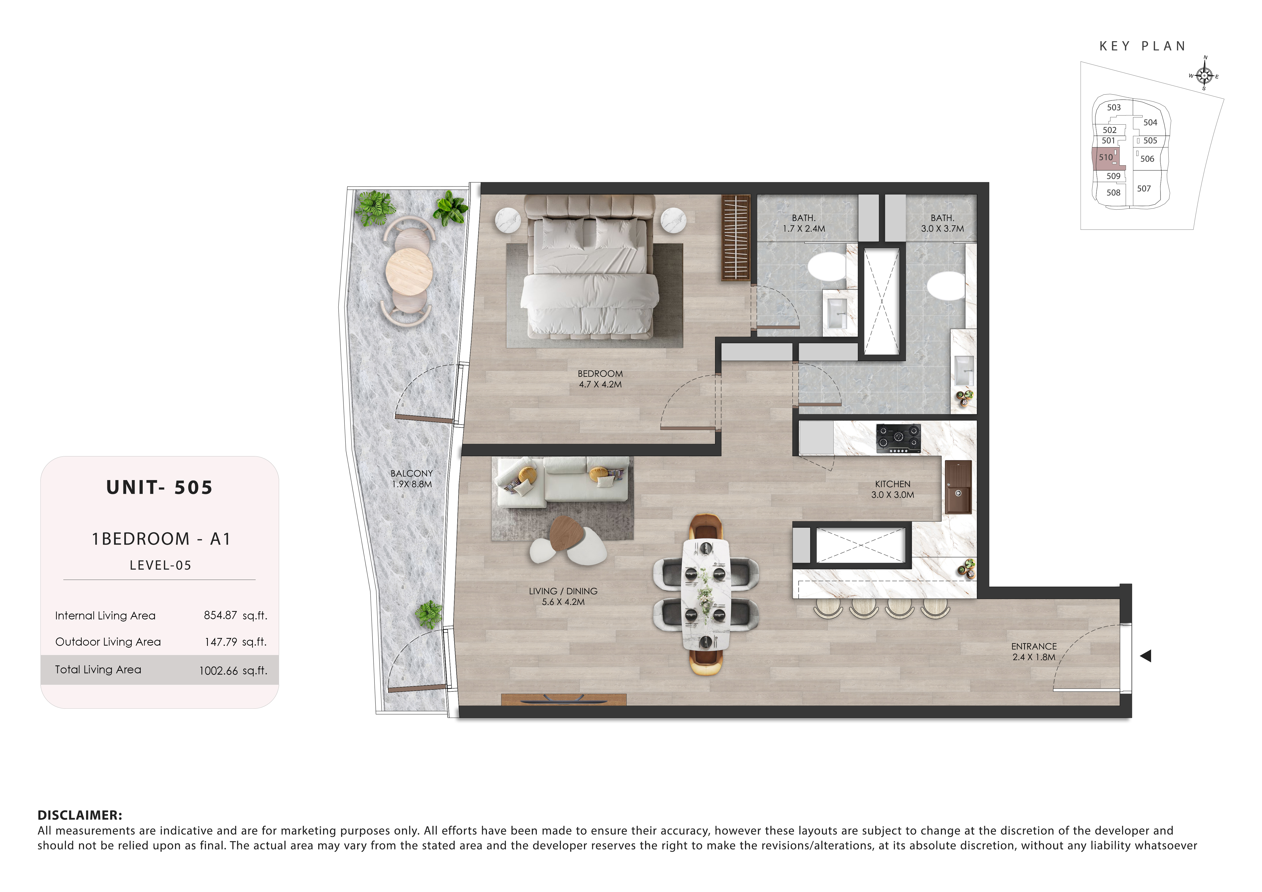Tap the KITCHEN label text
click(893, 484)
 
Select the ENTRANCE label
click(1034, 646)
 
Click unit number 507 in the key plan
click(1144, 188)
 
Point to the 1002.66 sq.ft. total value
click(233, 671)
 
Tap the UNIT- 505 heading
click(159, 487)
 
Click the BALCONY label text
click(412, 473)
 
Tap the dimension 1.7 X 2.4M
click(804, 229)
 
